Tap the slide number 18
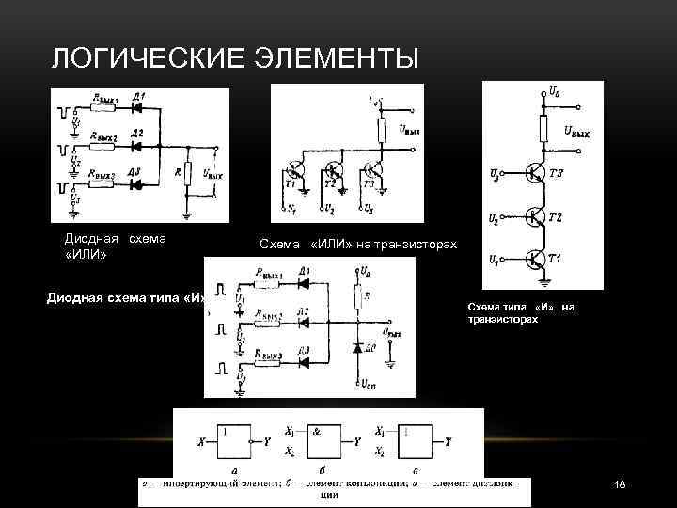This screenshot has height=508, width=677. point(619,484)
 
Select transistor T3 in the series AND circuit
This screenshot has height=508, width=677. point(536,173)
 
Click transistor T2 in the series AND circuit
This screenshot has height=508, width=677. point(536,216)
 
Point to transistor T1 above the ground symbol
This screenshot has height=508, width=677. point(536,258)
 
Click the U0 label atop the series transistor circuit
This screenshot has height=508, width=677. point(558,91)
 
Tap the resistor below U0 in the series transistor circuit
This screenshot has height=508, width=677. point(543,126)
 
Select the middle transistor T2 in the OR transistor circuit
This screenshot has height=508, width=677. point(332,172)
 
